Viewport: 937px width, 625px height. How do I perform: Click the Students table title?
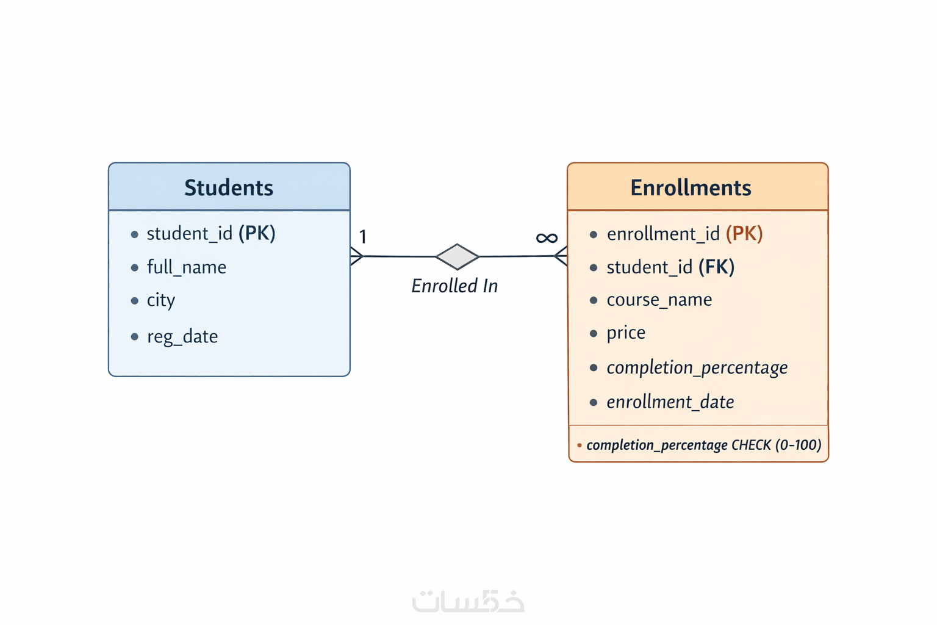[229, 187]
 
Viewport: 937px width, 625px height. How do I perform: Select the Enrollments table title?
[691, 187]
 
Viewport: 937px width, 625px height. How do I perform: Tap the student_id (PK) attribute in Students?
[210, 233]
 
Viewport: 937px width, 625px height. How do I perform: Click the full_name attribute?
[186, 267]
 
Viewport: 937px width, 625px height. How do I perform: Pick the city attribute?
[161, 300]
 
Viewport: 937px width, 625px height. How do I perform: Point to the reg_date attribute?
[182, 336]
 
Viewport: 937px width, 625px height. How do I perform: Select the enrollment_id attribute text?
[663, 234]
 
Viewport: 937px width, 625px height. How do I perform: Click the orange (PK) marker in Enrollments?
[744, 234]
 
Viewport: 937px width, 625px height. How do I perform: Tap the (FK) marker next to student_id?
[717, 267]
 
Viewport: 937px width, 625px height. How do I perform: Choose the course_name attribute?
[659, 300]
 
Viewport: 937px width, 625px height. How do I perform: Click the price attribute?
[626, 333]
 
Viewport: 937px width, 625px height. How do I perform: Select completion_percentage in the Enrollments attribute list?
[697, 367]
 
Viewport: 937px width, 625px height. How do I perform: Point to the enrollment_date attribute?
[670, 402]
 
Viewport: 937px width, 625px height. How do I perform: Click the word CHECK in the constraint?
[751, 445]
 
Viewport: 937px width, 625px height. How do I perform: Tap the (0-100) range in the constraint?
[798, 445]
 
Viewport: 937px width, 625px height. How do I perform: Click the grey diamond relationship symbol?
[457, 256]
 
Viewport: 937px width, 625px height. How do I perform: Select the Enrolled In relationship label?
[454, 286]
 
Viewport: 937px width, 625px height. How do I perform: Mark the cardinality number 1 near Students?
[363, 237]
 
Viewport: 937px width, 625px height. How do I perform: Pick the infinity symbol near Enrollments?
[547, 237]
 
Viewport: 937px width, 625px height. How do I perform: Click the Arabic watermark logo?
[468, 601]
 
